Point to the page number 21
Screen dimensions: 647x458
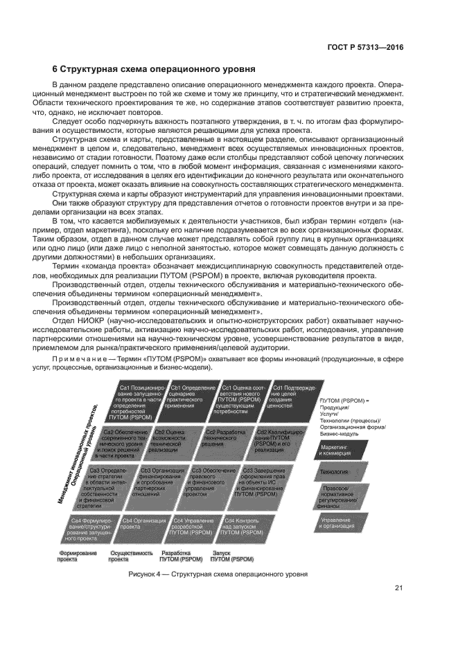pyautogui.click(x=399, y=589)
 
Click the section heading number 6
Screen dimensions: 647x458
pyautogui.click(x=55, y=69)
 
